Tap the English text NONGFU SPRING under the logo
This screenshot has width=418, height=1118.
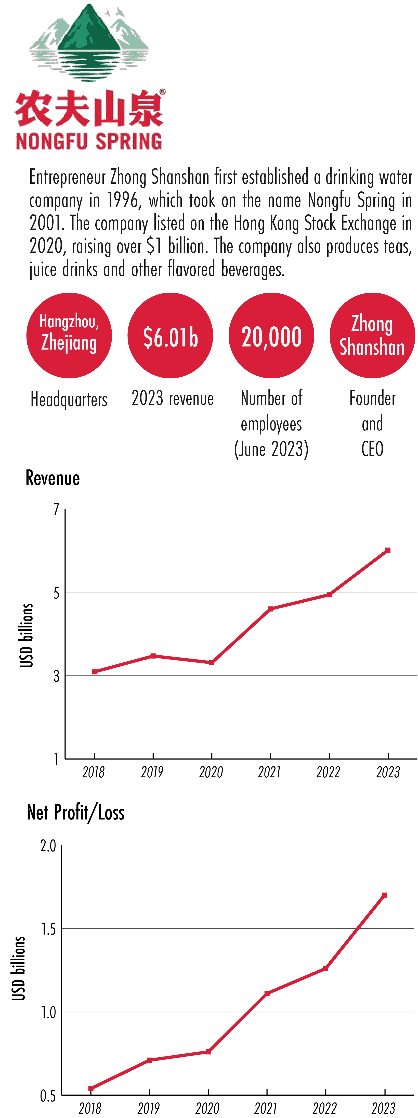pos(89,142)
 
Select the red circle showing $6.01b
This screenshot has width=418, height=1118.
pos(170,336)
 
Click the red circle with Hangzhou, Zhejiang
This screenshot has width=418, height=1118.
pos(69,336)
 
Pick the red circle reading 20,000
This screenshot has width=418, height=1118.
pos(271,336)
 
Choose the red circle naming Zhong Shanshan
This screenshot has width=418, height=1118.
pos(372,336)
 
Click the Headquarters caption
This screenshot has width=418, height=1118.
pos(69,399)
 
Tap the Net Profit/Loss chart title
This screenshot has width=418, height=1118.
pos(75,812)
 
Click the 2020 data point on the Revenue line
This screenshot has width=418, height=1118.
pos(212,663)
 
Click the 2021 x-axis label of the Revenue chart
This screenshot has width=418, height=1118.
pos(269,772)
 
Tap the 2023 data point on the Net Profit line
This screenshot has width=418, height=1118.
pos(384,895)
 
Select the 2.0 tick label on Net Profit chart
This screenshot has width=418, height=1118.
pos(48,846)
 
